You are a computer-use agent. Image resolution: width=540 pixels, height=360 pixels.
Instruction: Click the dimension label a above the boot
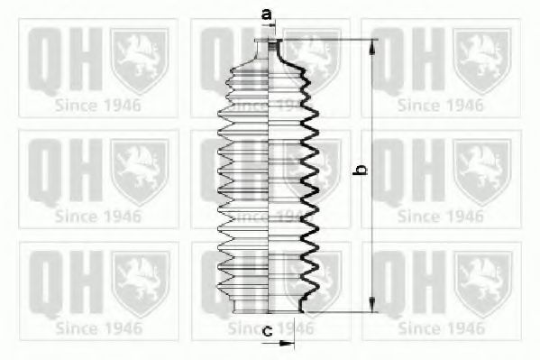pyautogui.click(x=267, y=14)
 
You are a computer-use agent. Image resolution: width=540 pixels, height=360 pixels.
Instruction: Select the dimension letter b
pyautogui.click(x=361, y=170)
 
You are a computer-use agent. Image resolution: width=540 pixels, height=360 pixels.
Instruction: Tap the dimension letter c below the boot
pyautogui.click(x=268, y=331)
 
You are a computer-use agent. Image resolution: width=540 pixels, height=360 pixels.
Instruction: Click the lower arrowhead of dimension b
pyautogui.click(x=372, y=304)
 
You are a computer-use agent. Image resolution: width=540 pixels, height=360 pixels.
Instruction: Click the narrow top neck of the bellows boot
pyautogui.click(x=269, y=49)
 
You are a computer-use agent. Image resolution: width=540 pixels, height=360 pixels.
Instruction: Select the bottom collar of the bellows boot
pyautogui.click(x=269, y=305)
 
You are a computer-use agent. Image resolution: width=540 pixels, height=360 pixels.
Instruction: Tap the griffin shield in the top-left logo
pyautogui.click(x=140, y=60)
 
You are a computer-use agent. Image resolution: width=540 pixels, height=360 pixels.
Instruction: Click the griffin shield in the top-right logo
pyautogui.click(x=482, y=60)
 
